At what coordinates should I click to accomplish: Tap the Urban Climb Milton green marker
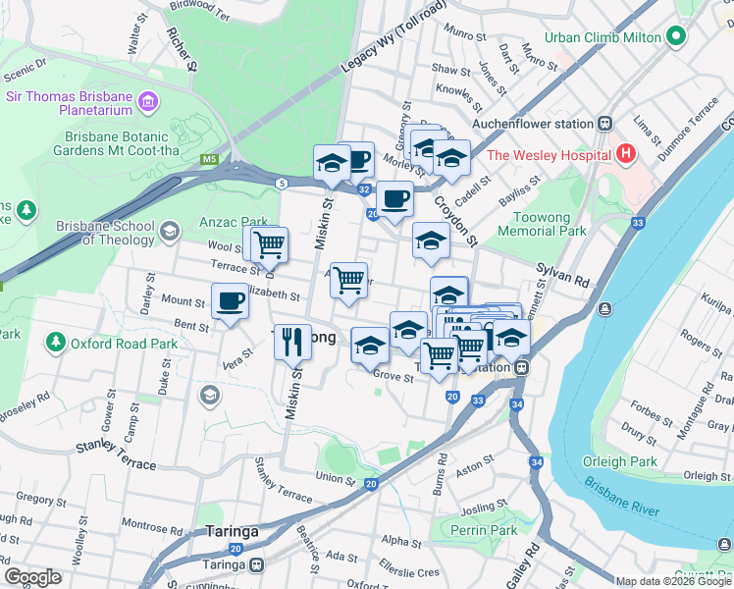tap(675, 37)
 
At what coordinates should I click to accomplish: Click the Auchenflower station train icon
tap(605, 124)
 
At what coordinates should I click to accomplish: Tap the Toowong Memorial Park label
tap(542, 223)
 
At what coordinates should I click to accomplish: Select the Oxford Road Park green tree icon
tap(55, 344)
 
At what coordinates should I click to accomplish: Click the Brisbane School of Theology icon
tap(169, 232)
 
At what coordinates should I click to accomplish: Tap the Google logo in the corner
tap(33, 577)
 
